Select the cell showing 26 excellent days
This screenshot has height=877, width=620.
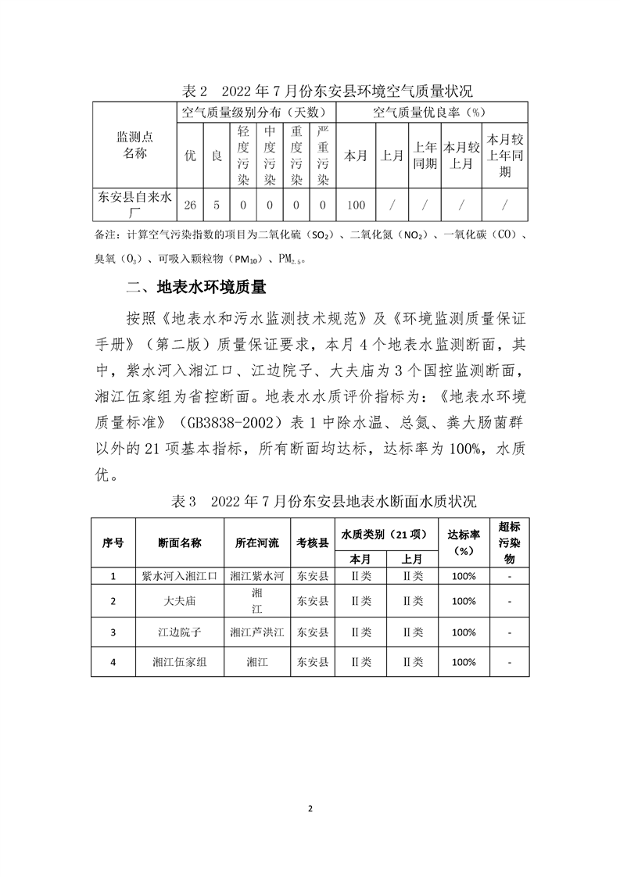pos(190,206)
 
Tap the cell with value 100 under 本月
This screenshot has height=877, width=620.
pos(356,206)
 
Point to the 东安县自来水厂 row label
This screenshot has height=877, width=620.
pos(134,206)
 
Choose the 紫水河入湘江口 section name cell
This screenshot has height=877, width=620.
pos(179,577)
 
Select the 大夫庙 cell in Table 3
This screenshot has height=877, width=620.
pos(179,601)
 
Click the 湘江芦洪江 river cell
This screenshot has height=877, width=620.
pos(256,632)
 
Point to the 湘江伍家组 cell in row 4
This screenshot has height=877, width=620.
pos(179,662)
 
